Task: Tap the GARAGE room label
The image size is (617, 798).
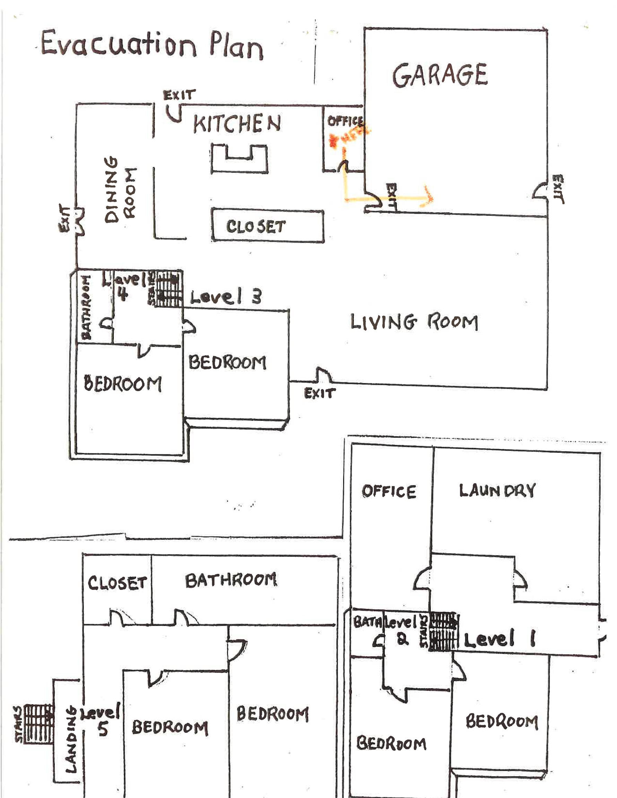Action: tap(440, 75)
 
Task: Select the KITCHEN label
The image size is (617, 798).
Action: tap(237, 124)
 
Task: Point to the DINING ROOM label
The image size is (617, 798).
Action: tap(120, 190)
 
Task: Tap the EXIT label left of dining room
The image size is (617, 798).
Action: tap(64, 218)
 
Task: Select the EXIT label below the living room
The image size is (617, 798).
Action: tap(319, 393)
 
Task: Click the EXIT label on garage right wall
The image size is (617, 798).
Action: tap(558, 189)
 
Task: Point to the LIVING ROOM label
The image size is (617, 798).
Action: tap(414, 322)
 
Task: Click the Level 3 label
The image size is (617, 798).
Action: tap(226, 297)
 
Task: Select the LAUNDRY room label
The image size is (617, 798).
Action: tap(497, 491)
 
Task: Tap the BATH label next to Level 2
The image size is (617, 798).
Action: tap(367, 621)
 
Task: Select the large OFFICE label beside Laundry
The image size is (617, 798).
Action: tap(389, 491)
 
